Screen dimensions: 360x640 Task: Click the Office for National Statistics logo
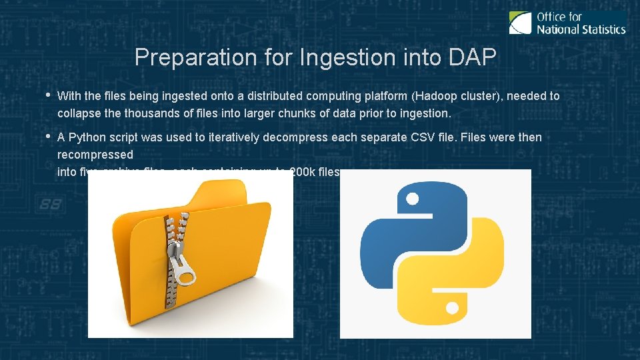(x=567, y=22)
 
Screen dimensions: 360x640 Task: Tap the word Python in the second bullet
(x=85, y=137)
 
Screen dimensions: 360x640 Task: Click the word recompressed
(x=95, y=155)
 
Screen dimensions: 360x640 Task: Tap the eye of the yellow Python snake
(x=452, y=309)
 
